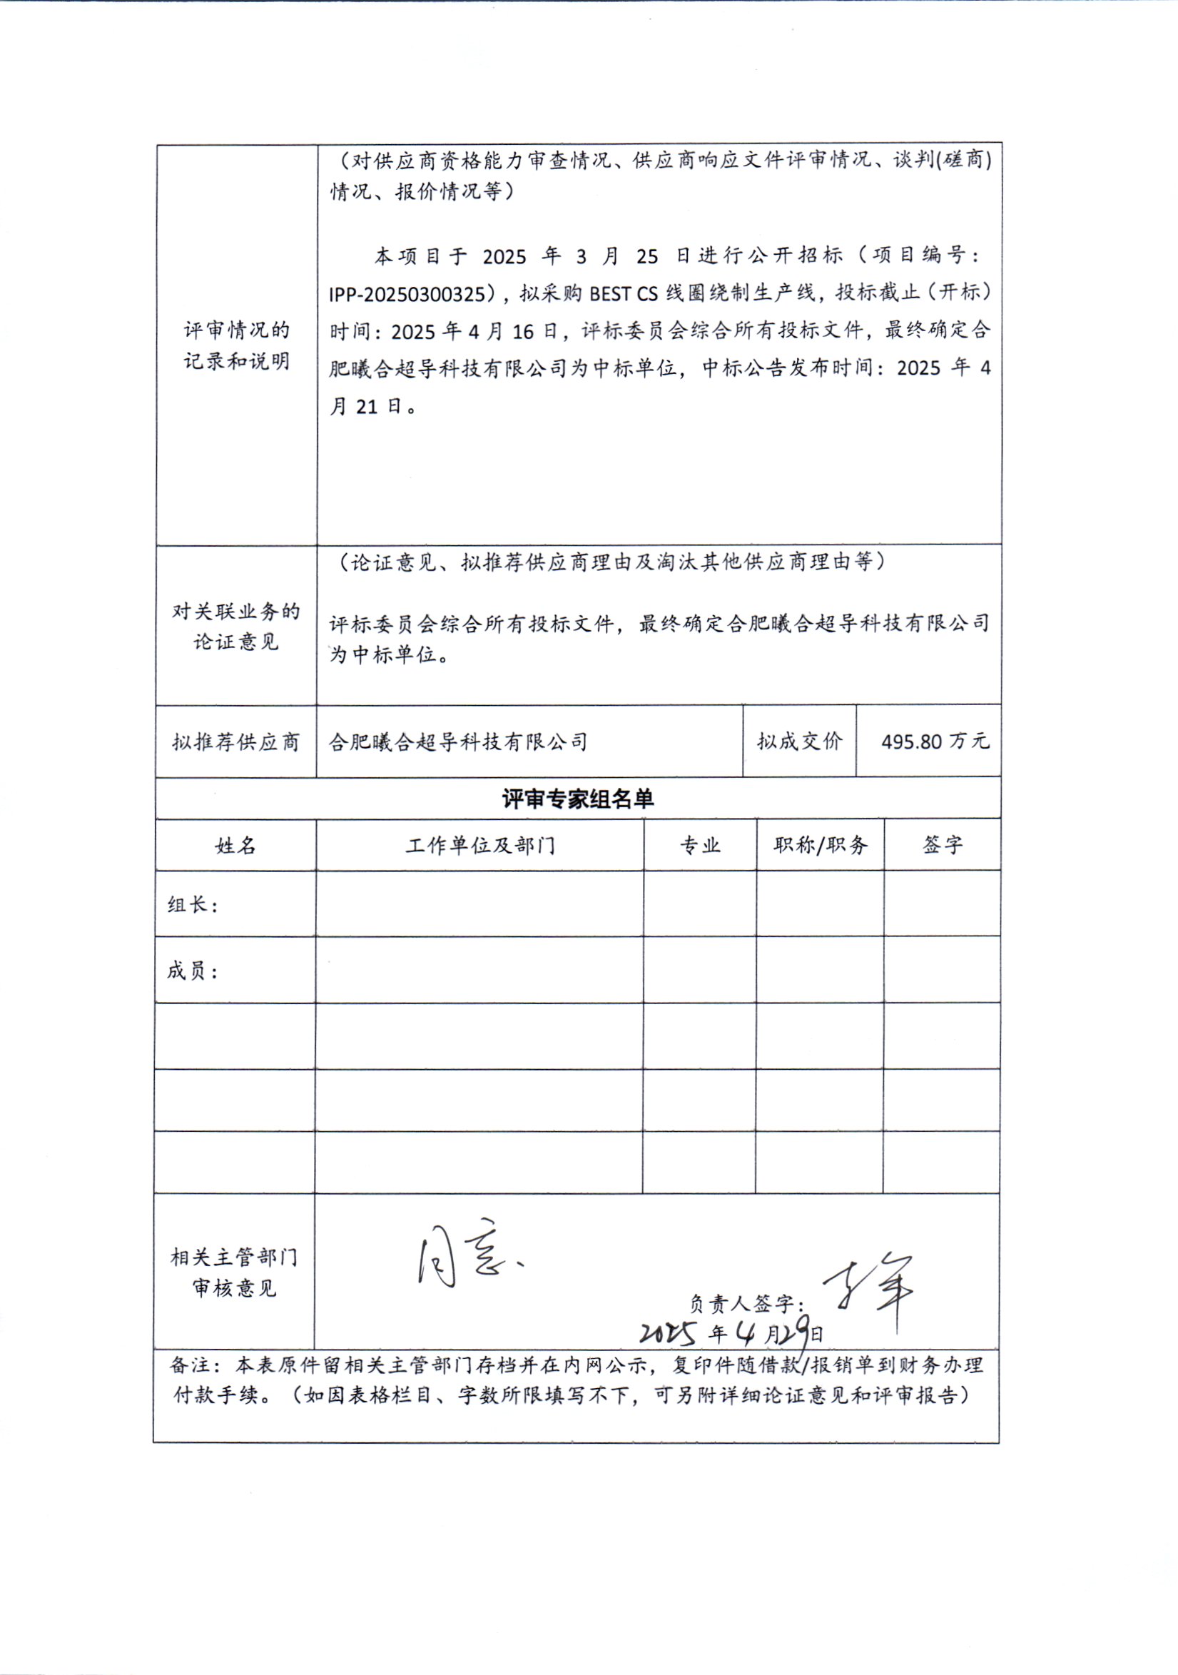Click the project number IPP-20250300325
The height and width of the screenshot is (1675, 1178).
click(406, 294)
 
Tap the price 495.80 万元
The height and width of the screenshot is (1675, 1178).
click(935, 742)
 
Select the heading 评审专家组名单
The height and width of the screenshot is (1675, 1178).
click(578, 799)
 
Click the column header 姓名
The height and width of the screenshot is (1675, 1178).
click(235, 846)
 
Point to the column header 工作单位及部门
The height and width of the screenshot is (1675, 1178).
click(480, 846)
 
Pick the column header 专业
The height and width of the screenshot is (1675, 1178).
click(700, 846)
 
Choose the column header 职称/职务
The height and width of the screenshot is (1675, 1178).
click(821, 846)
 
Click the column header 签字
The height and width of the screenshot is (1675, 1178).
click(943, 846)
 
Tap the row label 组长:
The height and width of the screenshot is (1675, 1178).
click(193, 906)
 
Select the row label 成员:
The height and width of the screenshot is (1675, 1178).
click(193, 972)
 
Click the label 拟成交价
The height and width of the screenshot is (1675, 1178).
click(799, 742)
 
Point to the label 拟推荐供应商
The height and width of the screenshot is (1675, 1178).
click(235, 743)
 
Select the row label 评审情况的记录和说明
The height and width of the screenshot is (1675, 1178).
click(236, 346)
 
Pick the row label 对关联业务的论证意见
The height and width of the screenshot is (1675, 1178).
click(235, 627)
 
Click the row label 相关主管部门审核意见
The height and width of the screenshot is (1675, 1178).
click(234, 1273)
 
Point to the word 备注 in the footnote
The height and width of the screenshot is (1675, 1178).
click(188, 1366)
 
